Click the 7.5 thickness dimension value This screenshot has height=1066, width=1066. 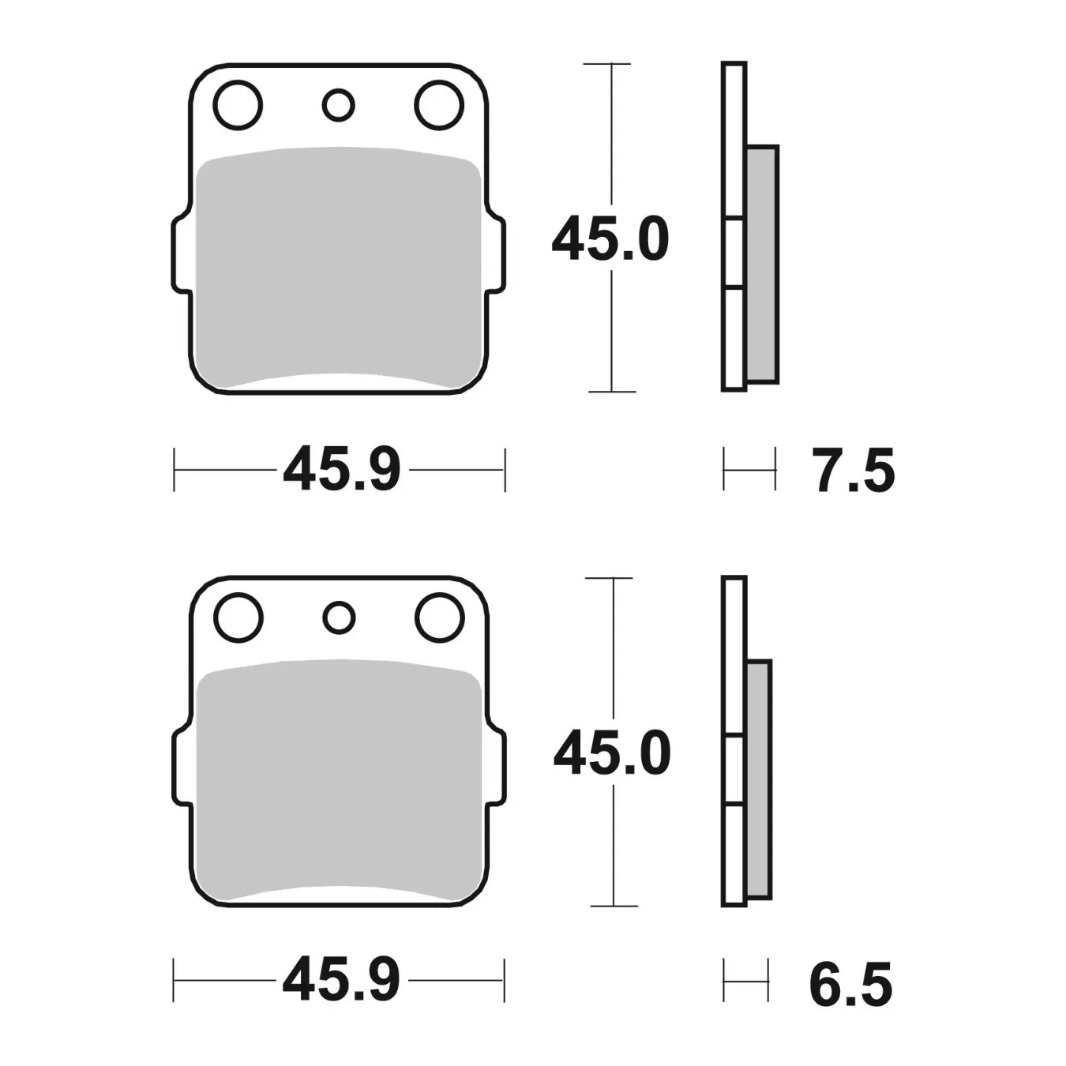(x=853, y=471)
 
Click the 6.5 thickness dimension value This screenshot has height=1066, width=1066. (x=850, y=984)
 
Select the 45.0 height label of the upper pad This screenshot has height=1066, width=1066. (x=610, y=240)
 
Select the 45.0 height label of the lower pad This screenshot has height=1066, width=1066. (x=612, y=753)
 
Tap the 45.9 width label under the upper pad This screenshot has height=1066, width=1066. (x=341, y=470)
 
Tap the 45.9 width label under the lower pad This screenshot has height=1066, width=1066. (x=341, y=980)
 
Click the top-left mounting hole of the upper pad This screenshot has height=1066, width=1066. (x=238, y=105)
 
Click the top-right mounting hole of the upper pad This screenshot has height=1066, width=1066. (x=439, y=105)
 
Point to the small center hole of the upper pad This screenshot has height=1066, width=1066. (x=338, y=105)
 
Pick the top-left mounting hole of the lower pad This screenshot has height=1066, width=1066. (x=238, y=618)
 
